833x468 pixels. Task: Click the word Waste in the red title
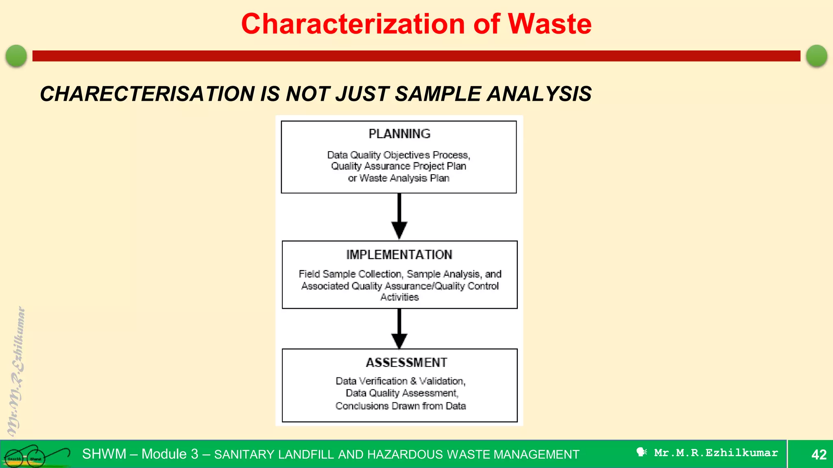[550, 24]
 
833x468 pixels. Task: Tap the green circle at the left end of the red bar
[16, 56]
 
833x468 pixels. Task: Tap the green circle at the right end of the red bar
[817, 56]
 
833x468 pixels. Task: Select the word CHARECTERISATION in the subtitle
[148, 94]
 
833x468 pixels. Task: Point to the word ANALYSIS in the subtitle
[539, 94]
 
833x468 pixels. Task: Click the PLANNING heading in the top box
[399, 134]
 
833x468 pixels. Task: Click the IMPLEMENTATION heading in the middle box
[399, 255]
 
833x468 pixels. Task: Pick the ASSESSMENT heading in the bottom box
[406, 362]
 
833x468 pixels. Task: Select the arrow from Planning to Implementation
[399, 217]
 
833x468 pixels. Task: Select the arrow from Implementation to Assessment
[399, 329]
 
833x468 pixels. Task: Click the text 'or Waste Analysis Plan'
[399, 178]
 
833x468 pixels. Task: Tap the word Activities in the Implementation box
[399, 297]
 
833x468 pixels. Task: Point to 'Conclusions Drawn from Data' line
[401, 406]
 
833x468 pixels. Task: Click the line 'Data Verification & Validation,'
[401, 381]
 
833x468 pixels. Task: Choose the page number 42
[819, 454]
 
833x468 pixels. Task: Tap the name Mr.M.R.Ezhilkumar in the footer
[716, 453]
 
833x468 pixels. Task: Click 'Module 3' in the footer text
[170, 454]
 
